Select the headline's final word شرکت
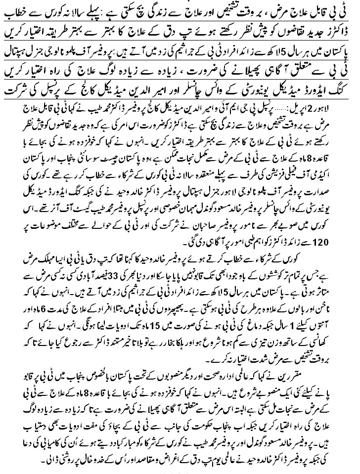tap(17, 90)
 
